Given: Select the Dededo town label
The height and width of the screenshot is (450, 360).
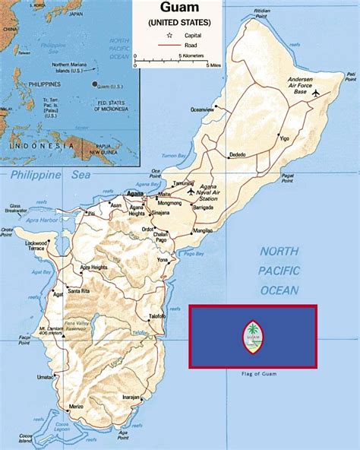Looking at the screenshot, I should (237, 154).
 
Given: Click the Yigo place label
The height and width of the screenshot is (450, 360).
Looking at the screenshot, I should (285, 139).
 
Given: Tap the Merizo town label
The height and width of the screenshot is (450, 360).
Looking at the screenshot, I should (75, 407).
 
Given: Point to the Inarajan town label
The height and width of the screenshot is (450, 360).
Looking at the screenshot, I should (131, 396).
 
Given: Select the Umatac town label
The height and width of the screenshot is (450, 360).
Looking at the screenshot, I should (46, 376).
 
